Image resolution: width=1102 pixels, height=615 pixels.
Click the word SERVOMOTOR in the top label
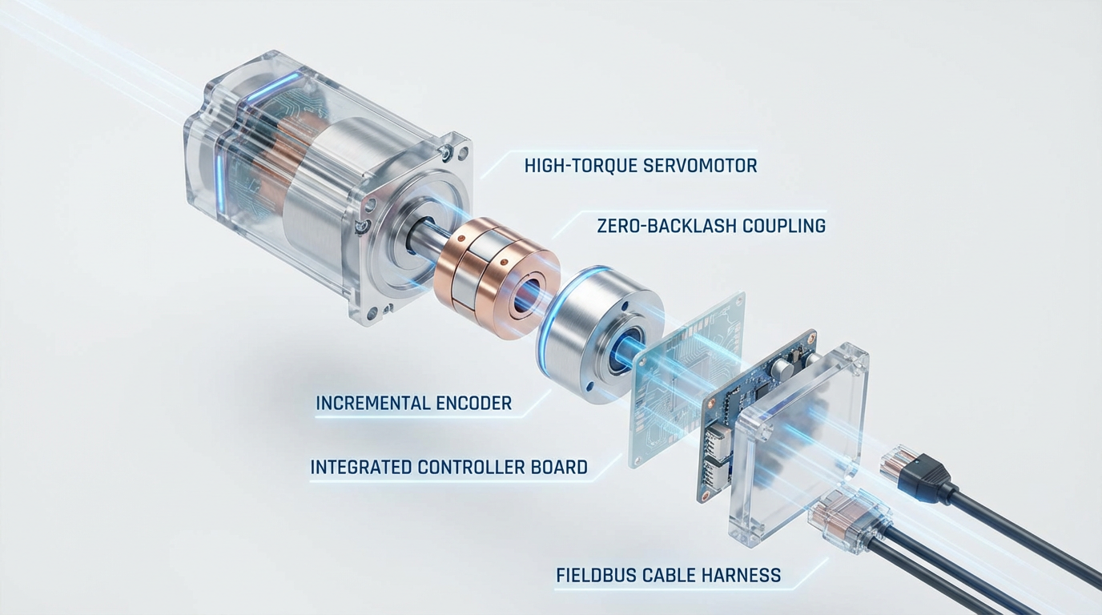700,166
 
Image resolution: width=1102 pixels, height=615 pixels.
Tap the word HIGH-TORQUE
580,166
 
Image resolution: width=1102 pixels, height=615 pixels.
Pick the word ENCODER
474,404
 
